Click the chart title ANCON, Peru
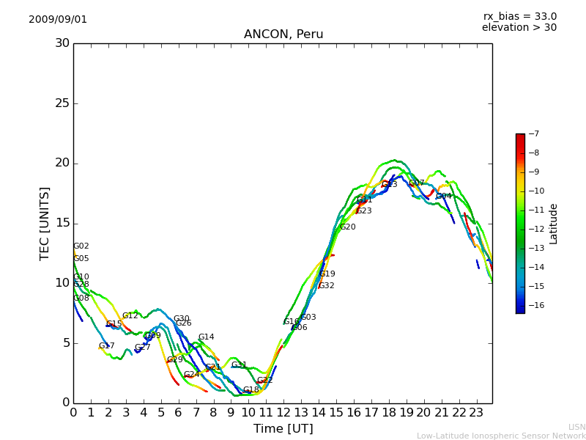click(x=283, y=34)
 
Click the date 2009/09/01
click(x=58, y=19)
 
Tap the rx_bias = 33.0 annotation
click(x=519, y=16)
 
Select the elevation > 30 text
click(x=519, y=28)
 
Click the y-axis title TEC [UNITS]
click(x=45, y=223)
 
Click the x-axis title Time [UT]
click(x=283, y=428)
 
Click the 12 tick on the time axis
click(x=283, y=412)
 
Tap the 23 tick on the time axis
click(x=477, y=412)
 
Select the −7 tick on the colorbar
click(x=533, y=133)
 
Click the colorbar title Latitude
click(x=554, y=223)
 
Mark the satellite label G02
click(x=81, y=246)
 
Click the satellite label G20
click(x=347, y=227)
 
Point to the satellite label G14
click(x=206, y=337)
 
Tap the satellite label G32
click(x=326, y=286)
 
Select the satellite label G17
click(x=107, y=346)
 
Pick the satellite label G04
click(x=444, y=197)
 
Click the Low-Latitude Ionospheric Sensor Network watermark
click(x=501, y=436)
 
